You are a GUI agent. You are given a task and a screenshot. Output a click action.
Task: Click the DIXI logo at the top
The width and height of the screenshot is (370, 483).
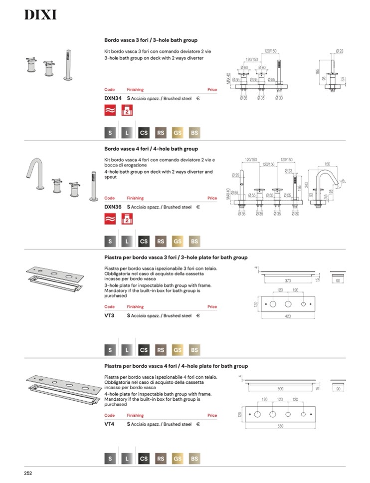coord(40,15)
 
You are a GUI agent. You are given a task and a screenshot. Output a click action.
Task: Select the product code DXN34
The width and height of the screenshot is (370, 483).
coord(113,99)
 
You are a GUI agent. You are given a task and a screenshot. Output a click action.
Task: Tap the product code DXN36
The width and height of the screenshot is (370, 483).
coord(113,207)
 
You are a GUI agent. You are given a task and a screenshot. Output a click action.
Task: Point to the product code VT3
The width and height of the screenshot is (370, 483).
coord(109,316)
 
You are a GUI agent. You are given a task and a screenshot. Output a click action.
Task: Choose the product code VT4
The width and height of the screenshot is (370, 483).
coord(109,424)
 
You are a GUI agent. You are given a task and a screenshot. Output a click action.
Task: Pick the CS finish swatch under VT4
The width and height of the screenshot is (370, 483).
coord(144,459)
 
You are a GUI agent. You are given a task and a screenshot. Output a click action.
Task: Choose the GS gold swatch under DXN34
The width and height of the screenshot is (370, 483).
coord(177,133)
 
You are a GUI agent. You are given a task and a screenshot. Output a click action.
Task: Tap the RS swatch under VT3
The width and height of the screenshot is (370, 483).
coord(161,350)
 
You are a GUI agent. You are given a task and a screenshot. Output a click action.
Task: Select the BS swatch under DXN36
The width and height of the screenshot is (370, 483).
coord(194,241)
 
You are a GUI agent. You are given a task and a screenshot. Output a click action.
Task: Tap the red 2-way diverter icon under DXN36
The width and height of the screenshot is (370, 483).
coord(127,219)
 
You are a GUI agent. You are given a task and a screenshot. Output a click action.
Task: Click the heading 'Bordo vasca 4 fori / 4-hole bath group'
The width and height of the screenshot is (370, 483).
coord(151,149)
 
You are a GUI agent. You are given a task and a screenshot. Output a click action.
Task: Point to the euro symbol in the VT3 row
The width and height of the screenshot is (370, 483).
coord(198,316)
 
